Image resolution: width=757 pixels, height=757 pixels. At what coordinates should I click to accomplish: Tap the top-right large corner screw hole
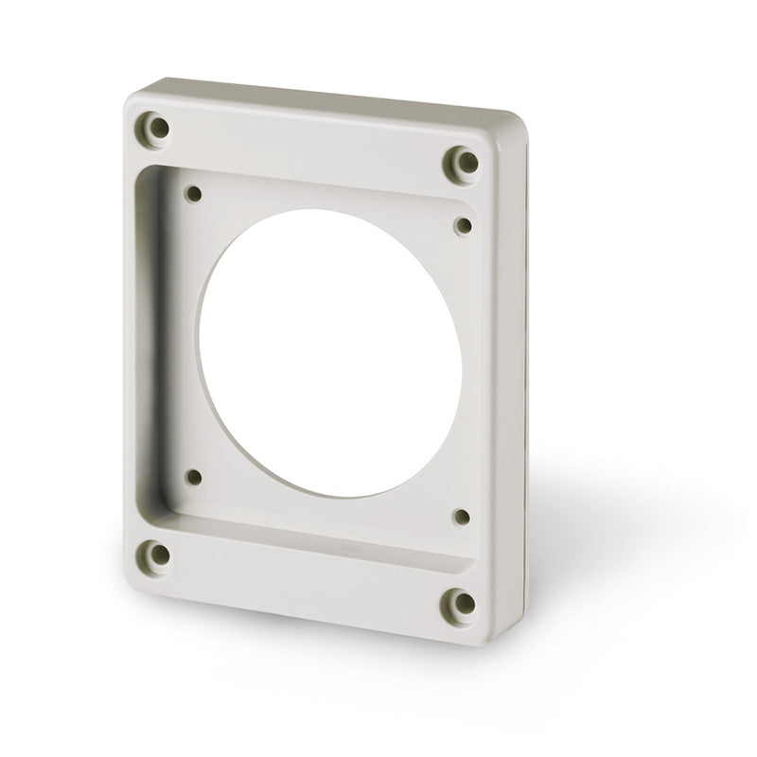[x=463, y=162]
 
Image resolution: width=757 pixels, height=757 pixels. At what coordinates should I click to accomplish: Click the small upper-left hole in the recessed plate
[x=194, y=195]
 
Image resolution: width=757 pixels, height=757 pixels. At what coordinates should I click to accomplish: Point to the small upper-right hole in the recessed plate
[x=463, y=224]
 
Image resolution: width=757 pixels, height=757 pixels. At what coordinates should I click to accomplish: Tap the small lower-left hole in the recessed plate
[x=194, y=477]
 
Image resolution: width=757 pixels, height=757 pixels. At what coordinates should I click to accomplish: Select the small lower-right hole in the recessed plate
[x=462, y=517]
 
